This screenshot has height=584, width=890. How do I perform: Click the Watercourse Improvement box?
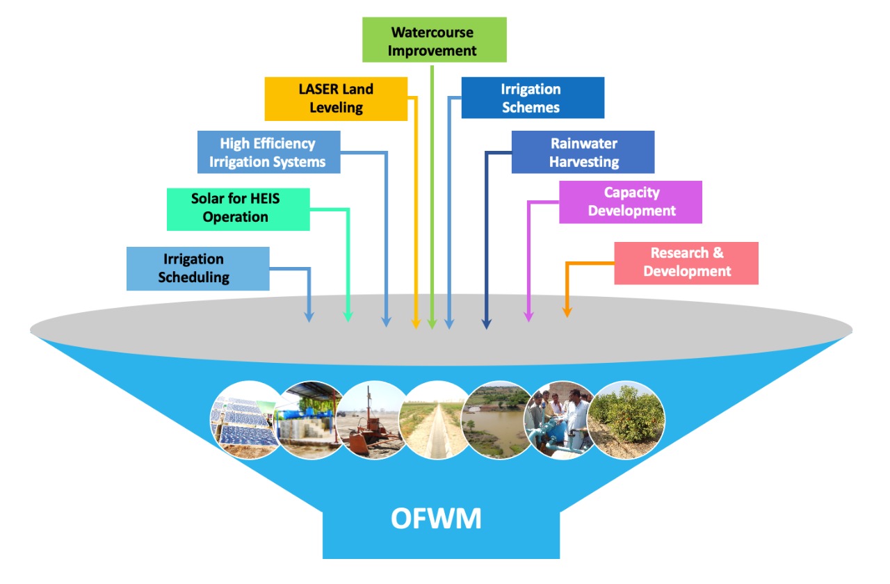(435, 40)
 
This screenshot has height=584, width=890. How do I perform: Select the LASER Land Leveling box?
(336, 99)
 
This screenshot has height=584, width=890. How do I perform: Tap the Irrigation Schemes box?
(533, 98)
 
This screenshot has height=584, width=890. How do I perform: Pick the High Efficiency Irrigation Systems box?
(268, 152)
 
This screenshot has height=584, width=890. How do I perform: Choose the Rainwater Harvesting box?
(583, 152)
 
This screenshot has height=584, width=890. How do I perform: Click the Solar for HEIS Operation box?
(238, 209)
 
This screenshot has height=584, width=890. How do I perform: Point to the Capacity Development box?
(630, 202)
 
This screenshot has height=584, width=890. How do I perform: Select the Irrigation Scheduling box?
(197, 268)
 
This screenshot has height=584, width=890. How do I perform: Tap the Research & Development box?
(686, 263)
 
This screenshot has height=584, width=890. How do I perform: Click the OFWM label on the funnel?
(436, 519)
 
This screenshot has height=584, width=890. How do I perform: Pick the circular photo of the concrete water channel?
(437, 420)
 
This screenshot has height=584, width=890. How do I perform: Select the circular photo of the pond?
(496, 420)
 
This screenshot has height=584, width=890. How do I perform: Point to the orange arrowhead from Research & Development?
(567, 313)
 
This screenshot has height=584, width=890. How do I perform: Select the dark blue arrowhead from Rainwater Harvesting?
(487, 323)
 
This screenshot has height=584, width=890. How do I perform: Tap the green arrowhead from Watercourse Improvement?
(432, 324)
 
